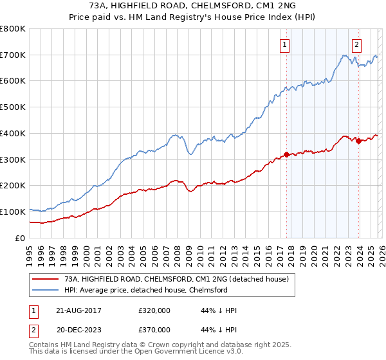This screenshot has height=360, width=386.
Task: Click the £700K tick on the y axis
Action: tap(13, 55)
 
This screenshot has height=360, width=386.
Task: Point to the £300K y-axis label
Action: tap(13, 159)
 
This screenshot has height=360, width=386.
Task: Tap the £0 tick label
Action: tap(19, 238)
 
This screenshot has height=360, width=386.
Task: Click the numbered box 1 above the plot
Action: tap(284, 44)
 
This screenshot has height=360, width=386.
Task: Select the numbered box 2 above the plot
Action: tap(356, 44)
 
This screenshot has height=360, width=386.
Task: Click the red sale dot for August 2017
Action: tap(286, 154)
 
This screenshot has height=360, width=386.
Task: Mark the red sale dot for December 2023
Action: tap(358, 141)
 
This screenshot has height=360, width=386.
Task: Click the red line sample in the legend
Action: tap(46, 279)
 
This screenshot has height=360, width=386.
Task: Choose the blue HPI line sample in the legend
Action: tap(46, 290)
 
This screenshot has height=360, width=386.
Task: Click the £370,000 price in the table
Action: tap(154, 329)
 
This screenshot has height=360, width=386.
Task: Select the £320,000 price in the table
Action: tap(154, 310)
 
